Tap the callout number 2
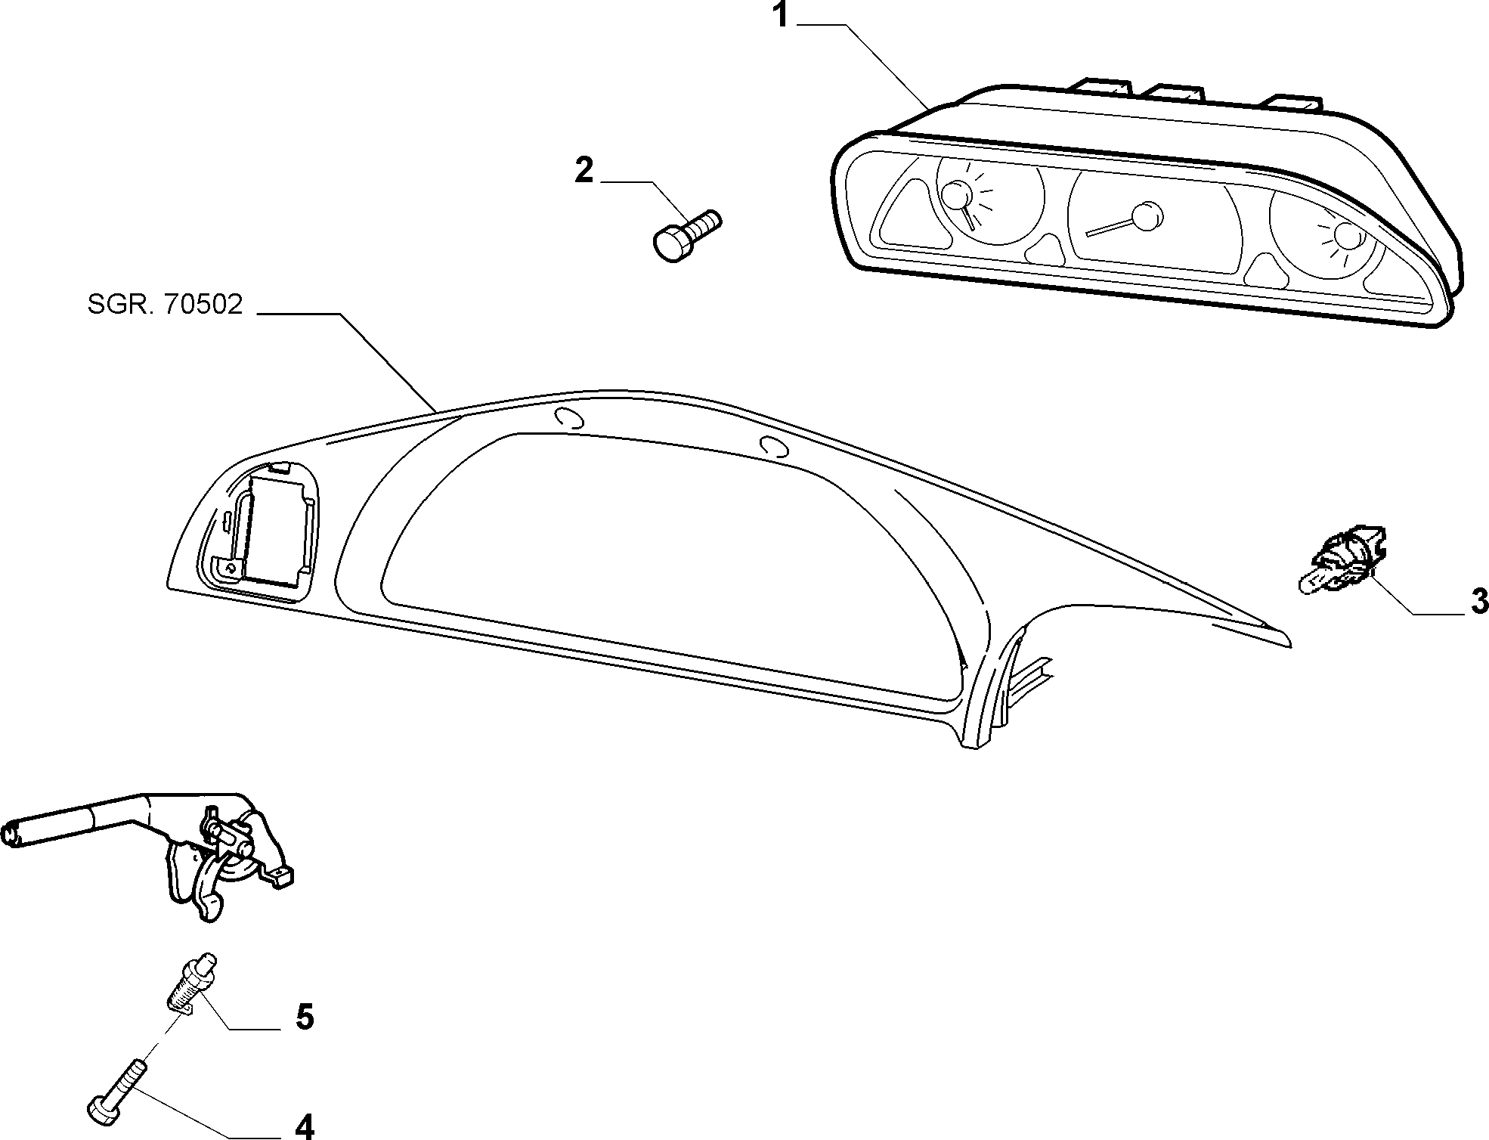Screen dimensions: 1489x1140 (584, 171)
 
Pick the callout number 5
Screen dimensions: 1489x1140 (304, 1017)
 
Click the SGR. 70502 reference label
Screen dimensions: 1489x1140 (165, 305)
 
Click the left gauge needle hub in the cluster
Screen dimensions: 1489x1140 (958, 196)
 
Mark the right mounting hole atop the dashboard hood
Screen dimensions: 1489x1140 (775, 448)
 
